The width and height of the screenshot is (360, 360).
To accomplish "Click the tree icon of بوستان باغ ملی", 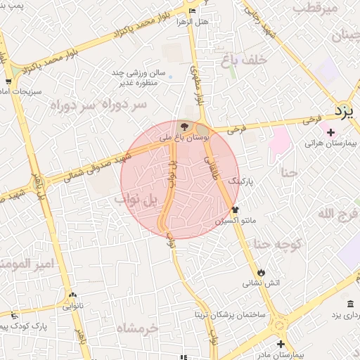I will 184,127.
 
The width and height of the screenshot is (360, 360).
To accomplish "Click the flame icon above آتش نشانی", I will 262,272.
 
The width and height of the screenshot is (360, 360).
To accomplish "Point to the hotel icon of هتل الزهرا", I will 193,10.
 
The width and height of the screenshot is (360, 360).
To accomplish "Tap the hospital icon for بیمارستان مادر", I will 281,344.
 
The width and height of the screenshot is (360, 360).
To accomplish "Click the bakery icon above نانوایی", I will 72,295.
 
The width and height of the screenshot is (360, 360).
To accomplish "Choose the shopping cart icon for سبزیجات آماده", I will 8,82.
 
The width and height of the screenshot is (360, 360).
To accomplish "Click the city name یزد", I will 343,110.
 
